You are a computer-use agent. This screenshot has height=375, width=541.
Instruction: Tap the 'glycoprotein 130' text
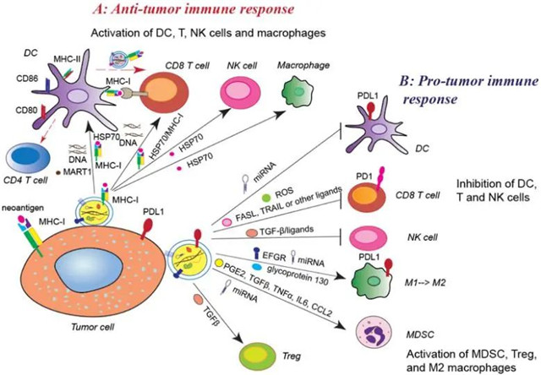tap(288, 269)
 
